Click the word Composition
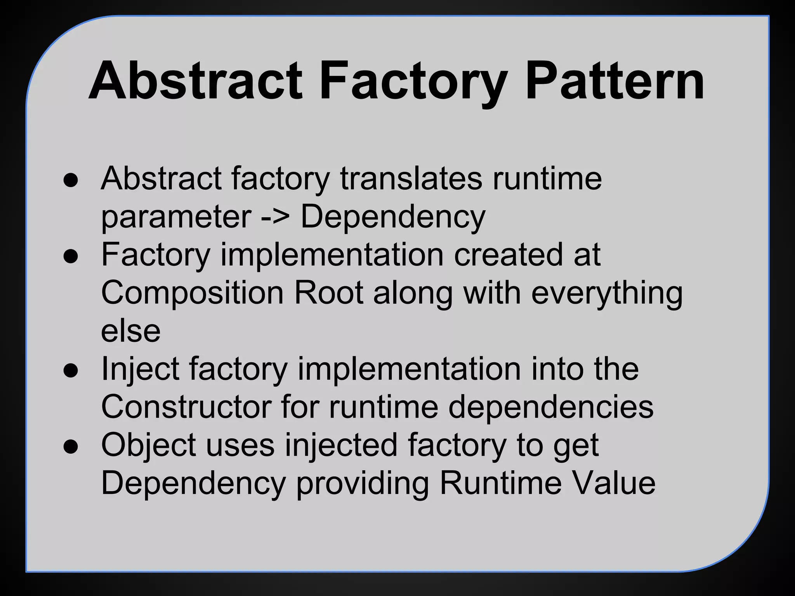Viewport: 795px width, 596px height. point(192,294)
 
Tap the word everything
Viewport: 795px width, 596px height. point(607,294)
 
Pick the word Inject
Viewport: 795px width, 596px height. point(140,370)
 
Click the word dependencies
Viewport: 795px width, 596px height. point(551,407)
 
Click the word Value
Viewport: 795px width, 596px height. point(613,483)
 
